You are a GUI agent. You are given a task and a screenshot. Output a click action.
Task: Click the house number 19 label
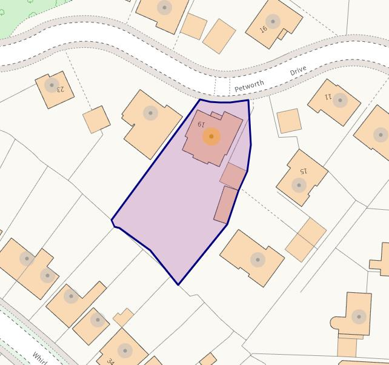point(201,124)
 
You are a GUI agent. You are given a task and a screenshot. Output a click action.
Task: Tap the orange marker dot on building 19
point(211,136)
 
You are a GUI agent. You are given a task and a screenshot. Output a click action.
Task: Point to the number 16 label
point(264,28)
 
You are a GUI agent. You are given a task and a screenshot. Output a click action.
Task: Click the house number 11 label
point(328,96)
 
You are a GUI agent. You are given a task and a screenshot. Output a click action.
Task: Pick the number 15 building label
point(304,171)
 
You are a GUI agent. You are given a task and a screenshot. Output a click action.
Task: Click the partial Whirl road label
point(40,357)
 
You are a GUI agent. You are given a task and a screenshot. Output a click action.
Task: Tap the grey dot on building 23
point(52,85)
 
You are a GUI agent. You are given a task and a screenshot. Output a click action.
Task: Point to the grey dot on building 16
point(273,22)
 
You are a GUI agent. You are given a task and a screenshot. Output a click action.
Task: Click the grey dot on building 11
point(341,101)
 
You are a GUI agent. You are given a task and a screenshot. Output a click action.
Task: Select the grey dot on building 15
point(298,185)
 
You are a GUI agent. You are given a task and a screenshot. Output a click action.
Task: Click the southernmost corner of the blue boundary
point(178,284)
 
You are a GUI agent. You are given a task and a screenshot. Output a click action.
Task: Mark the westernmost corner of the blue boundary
point(112,221)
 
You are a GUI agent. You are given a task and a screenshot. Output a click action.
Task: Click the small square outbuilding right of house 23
point(96,119)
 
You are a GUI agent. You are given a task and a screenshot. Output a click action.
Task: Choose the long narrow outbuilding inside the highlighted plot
point(226,204)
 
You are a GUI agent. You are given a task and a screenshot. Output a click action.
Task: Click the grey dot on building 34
point(125,350)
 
